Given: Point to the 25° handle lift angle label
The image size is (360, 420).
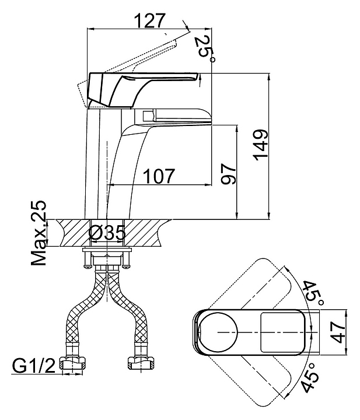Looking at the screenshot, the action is [x=205, y=48].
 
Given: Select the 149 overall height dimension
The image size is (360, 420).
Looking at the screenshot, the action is [x=261, y=145].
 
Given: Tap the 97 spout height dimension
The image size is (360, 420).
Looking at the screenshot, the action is [x=228, y=174].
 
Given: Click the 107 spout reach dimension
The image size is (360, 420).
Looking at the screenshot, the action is [x=159, y=176].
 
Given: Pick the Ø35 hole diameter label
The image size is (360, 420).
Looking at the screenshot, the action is [x=107, y=232].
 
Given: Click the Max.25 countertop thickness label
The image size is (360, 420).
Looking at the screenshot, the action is [x=39, y=233].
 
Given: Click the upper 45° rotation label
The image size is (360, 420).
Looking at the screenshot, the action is [x=313, y=293].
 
